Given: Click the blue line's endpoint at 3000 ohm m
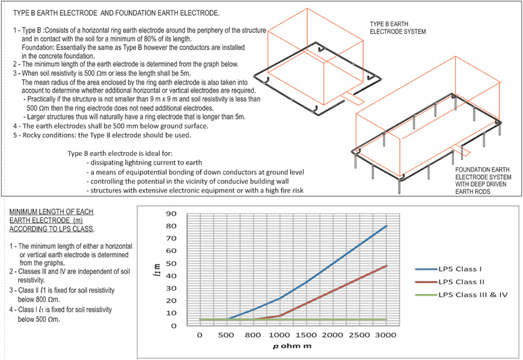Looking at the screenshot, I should click(x=386, y=226).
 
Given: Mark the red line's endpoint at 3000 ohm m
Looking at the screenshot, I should click(x=386, y=266).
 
